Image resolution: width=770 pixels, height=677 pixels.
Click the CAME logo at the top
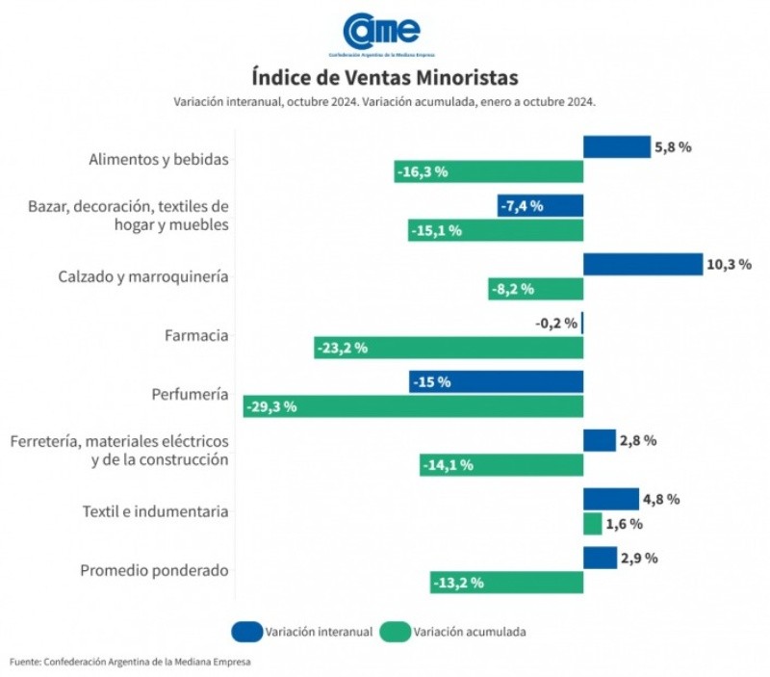click(383, 33)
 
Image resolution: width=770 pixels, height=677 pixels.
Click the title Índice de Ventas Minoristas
click(384, 77)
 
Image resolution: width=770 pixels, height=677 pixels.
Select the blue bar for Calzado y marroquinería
click(643, 264)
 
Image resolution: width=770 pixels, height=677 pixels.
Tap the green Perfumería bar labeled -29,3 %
click(413, 406)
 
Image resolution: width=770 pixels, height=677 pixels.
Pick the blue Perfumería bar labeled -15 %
click(496, 381)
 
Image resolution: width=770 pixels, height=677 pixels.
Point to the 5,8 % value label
click(673, 147)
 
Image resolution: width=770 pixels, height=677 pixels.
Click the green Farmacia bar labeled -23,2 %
click(449, 348)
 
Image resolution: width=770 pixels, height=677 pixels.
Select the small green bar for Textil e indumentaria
click(593, 524)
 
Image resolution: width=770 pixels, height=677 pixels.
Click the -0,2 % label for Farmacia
click(556, 324)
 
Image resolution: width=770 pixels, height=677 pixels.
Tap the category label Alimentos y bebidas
click(158, 160)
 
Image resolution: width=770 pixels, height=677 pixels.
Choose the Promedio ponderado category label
click(154, 570)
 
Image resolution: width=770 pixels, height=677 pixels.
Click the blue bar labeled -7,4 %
click(540, 206)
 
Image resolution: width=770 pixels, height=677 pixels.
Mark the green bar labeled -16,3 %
click(489, 172)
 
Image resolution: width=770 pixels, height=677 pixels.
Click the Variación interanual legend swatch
click(246, 632)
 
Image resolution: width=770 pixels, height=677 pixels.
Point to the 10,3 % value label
click(729, 264)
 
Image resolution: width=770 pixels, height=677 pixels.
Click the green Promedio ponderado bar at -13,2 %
click(506, 583)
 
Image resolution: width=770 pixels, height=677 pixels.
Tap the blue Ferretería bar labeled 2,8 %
click(600, 440)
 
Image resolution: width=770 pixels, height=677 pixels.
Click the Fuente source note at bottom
click(136, 662)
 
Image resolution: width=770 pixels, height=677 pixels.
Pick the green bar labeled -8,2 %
click(535, 289)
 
